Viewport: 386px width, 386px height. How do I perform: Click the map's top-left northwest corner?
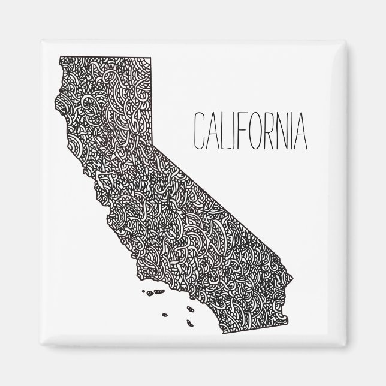(x=59, y=56)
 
